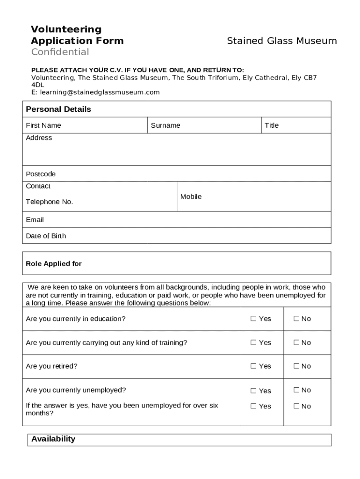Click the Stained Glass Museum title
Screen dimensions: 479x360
tap(281, 41)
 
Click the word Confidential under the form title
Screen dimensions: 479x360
tap(60, 52)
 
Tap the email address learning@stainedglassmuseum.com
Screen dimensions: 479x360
tap(100, 92)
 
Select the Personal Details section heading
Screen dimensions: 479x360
tap(58, 109)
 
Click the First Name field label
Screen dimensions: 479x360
tap(43, 125)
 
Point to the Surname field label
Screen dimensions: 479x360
tap(166, 125)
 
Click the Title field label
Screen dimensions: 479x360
tap(272, 125)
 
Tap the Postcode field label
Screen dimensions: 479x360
tap(41, 174)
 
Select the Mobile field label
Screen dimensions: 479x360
tap(191, 197)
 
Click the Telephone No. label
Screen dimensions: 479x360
tap(50, 202)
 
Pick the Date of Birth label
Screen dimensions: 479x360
tap(46, 236)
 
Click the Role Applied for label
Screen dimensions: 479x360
tap(54, 264)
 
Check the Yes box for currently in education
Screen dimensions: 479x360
tap(253, 319)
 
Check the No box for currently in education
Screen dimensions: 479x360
tap(296, 319)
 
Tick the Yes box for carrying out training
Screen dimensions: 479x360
tap(253, 342)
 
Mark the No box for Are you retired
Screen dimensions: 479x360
tap(296, 366)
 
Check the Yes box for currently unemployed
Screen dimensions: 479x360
tap(253, 391)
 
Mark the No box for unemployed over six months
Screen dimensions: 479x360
tap(296, 406)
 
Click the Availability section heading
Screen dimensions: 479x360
tap(53, 439)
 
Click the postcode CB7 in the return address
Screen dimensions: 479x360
tap(310, 78)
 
